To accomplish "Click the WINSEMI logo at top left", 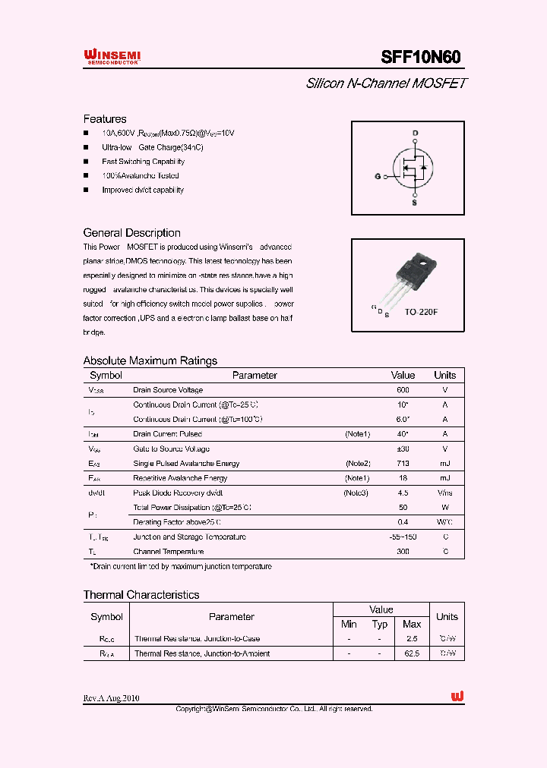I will [112, 56].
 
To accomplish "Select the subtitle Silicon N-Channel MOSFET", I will [386, 83].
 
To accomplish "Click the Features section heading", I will [105, 119].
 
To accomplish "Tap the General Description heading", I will [131, 233].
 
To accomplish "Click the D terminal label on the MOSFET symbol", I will [415, 134].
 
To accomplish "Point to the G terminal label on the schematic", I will [378, 176].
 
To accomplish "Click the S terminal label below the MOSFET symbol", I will [414, 203].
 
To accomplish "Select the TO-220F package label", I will [421, 312].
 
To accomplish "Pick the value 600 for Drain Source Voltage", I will [403, 390].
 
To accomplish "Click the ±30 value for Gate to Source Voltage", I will [403, 449].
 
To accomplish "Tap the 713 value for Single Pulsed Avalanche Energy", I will [403, 464].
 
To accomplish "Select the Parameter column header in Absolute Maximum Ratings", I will [255, 375].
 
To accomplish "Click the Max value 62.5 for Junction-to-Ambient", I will [412, 653].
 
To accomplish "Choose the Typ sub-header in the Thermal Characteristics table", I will [380, 624].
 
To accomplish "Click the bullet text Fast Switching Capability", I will [143, 162].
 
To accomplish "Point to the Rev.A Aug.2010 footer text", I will [112, 698].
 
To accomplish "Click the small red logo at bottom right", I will [457, 697].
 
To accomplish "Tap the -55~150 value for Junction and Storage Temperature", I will [403, 537].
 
